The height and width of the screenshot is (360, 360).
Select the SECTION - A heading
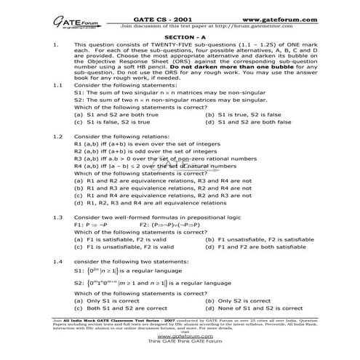tap(180, 33)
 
